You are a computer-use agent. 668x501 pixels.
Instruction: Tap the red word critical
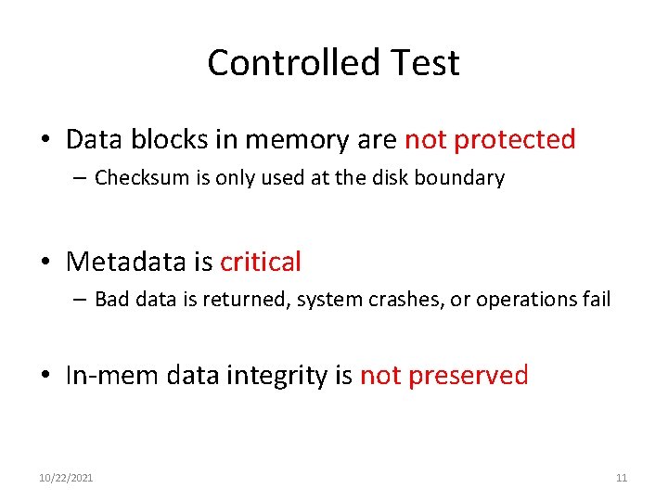[x=261, y=263]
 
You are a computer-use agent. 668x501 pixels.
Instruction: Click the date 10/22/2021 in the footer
[x=66, y=478]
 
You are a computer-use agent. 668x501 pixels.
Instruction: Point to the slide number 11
[x=622, y=478]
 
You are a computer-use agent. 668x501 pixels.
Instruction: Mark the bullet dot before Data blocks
[x=45, y=141]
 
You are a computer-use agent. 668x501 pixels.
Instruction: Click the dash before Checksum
[x=83, y=178]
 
